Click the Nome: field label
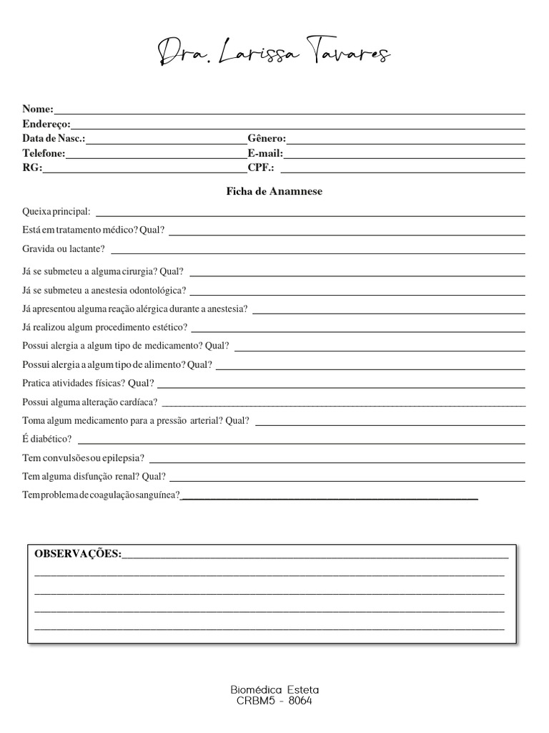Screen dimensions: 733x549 coord(38,109)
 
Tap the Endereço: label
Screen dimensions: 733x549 coord(46,124)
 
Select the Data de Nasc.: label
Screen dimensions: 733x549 coord(54,138)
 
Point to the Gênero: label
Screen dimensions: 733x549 coord(267,138)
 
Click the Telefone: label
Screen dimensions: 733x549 coord(44,153)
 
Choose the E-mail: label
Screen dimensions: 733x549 coord(265,153)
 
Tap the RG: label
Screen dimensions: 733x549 coord(32,168)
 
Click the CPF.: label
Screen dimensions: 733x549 coord(261,168)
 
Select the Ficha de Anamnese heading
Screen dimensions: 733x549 coord(274,192)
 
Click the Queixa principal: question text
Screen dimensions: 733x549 coord(56,212)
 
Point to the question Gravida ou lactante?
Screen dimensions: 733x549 coord(64,248)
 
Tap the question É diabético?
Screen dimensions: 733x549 coord(47,439)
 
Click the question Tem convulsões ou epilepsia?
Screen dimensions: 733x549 coord(83,457)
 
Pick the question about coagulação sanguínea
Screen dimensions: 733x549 coord(101,495)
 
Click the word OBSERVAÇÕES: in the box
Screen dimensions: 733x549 coord(78,554)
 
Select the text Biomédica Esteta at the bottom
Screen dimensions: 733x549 coord(274,690)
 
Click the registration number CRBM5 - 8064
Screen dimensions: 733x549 coord(274,702)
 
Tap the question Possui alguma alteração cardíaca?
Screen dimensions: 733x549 coord(90,402)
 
